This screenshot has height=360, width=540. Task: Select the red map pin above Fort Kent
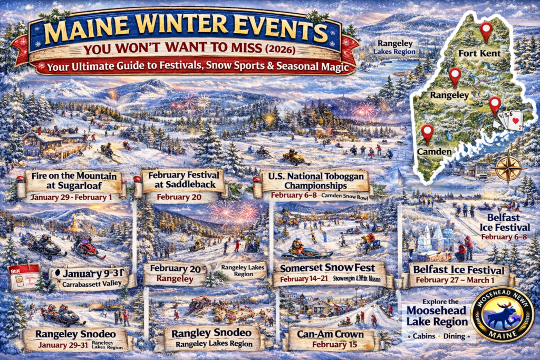point(486,31)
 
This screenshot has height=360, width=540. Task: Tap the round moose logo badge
point(502,315)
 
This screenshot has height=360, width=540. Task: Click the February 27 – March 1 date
point(458,280)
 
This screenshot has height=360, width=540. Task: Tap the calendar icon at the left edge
point(24,277)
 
